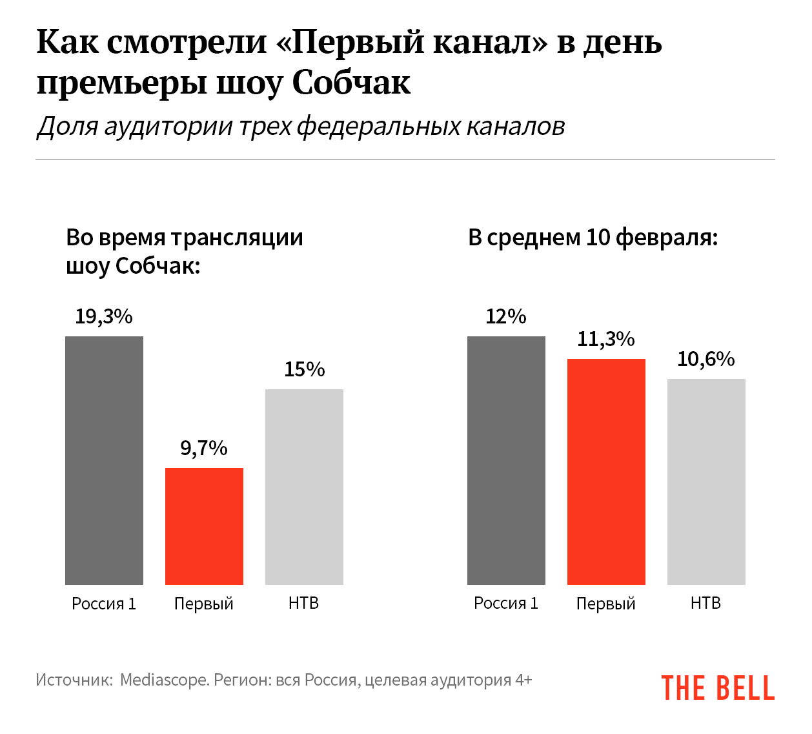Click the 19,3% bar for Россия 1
click(104, 460)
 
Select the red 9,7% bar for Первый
click(204, 526)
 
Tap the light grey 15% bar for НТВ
click(304, 487)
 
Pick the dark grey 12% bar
click(506, 460)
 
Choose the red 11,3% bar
click(606, 471)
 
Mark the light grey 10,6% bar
click(706, 482)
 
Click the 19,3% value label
click(104, 316)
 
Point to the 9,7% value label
click(204, 448)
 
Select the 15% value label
click(304, 369)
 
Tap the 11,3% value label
click(606, 339)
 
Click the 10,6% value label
click(706, 359)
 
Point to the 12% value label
click(506, 316)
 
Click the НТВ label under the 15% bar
click(304, 603)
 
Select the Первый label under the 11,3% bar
click(606, 604)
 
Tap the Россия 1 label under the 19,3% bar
click(104, 604)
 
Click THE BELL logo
click(718, 688)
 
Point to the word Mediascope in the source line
click(164, 680)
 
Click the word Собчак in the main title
click(352, 83)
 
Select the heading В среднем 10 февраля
click(593, 238)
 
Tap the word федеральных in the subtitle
click(378, 127)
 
